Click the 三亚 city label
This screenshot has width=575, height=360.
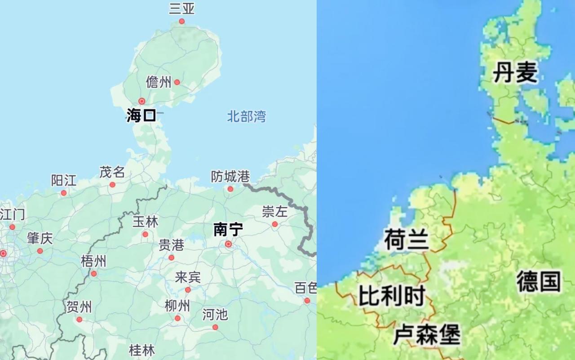coord(181,9)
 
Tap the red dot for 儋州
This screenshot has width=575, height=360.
coord(177,82)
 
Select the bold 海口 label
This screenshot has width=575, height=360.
coord(141,116)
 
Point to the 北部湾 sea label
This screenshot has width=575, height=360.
coord(246,117)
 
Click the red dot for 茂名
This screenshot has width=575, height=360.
coord(112,185)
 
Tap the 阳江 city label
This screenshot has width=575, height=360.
coord(63,180)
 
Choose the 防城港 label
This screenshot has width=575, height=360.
coord(230,176)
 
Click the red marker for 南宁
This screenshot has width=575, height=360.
coord(228,244)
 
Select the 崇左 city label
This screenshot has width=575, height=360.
coord(274,211)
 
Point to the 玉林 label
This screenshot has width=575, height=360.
coord(145,222)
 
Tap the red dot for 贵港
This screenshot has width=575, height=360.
coord(171,258)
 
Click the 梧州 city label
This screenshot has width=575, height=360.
coord(93,261)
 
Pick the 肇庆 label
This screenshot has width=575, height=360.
coord(40,238)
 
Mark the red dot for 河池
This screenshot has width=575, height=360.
coord(215,327)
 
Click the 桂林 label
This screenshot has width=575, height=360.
coord(142,350)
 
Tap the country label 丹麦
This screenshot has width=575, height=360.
coord(515,73)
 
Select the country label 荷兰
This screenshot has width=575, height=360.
coord(406,239)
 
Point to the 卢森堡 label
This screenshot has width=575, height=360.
coord(427,335)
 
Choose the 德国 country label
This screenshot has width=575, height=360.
coord(539,281)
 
